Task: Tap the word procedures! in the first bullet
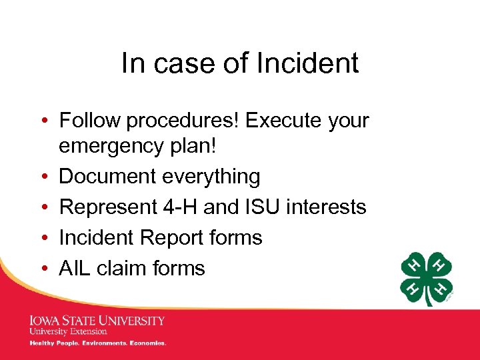tap(183, 121)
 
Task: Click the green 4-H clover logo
tap(427, 279)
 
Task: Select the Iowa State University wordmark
tap(97, 321)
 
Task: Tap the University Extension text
tap(67, 331)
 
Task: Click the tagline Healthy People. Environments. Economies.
tap(97, 343)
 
